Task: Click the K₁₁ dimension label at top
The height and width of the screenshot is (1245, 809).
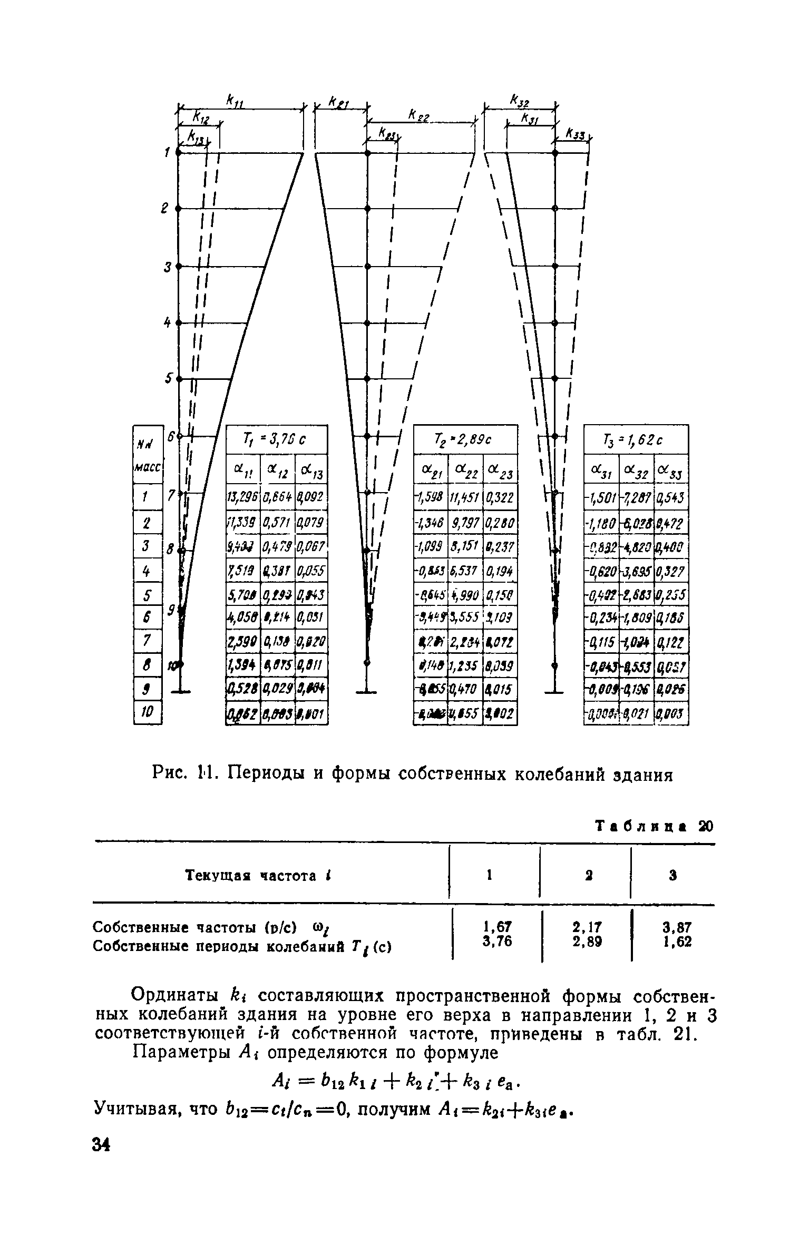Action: (232, 100)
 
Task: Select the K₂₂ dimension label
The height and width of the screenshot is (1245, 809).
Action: (419, 115)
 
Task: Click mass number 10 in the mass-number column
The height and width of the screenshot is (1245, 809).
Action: (147, 713)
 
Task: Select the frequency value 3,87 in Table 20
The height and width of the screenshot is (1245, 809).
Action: (677, 926)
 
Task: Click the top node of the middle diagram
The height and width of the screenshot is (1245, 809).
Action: (368, 153)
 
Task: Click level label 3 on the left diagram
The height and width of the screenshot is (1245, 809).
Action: (167, 267)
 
